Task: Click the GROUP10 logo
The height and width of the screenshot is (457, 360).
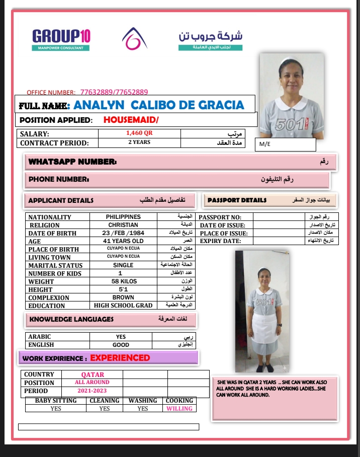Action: pyautogui.click(x=61, y=39)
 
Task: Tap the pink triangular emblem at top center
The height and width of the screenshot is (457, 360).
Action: pyautogui.click(x=134, y=38)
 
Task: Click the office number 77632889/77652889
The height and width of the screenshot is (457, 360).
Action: pyautogui.click(x=114, y=92)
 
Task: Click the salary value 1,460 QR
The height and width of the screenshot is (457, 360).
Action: pyautogui.click(x=139, y=134)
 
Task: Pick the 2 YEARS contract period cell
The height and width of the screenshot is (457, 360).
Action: pyautogui.click(x=139, y=142)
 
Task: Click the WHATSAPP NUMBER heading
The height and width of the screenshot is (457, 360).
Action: pyautogui.click(x=73, y=162)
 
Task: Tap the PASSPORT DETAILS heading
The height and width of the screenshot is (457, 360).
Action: pyautogui.click(x=237, y=200)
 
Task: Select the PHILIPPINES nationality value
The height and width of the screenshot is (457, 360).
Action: pyautogui.click(x=123, y=217)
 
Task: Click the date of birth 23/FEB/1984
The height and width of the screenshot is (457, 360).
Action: pyautogui.click(x=123, y=233)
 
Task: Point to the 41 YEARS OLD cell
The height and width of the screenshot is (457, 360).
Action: pyautogui.click(x=123, y=241)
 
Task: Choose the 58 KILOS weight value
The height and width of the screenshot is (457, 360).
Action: pyautogui.click(x=123, y=281)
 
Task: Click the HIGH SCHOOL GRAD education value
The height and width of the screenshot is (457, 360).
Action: pyautogui.click(x=123, y=306)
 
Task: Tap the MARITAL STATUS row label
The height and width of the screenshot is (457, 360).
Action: pyautogui.click(x=55, y=265)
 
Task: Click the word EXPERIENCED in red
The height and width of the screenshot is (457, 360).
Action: pyautogui.click(x=120, y=358)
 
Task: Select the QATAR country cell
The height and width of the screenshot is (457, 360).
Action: pyautogui.click(x=93, y=374)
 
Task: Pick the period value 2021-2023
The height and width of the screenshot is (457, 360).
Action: pyautogui.click(x=92, y=390)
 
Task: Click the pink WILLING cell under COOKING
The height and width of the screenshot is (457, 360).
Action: pyautogui.click(x=179, y=409)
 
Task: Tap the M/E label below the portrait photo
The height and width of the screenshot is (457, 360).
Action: pyautogui.click(x=264, y=144)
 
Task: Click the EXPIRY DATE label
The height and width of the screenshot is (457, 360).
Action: pyautogui.click(x=220, y=241)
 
